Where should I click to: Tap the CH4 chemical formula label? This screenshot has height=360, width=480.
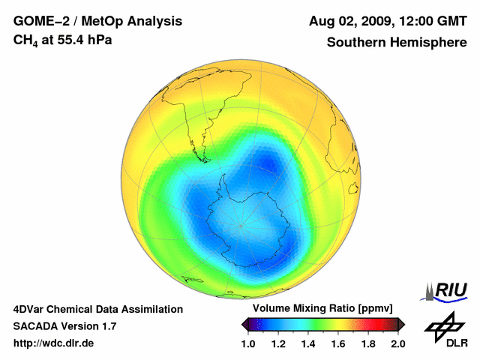pyautogui.click(x=24, y=40)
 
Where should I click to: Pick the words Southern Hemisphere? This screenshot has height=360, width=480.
pyautogui.click(x=397, y=42)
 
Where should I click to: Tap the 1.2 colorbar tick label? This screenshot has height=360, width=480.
pyautogui.click(x=278, y=343)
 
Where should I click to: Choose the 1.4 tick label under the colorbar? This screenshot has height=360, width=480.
pyautogui.click(x=308, y=343)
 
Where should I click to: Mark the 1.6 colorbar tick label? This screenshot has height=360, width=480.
pyautogui.click(x=338, y=343)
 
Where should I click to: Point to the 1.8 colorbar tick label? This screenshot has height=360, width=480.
pyautogui.click(x=368, y=343)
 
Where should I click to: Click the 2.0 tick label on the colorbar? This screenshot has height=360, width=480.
pyautogui.click(x=398, y=343)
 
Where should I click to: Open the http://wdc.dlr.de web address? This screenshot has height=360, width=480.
pyautogui.click(x=54, y=343)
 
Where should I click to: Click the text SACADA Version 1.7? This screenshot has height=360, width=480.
pyautogui.click(x=64, y=326)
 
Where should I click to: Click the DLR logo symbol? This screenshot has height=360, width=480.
pyautogui.click(x=444, y=326)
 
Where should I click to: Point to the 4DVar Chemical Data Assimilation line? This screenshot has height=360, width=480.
pyautogui.click(x=97, y=309)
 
